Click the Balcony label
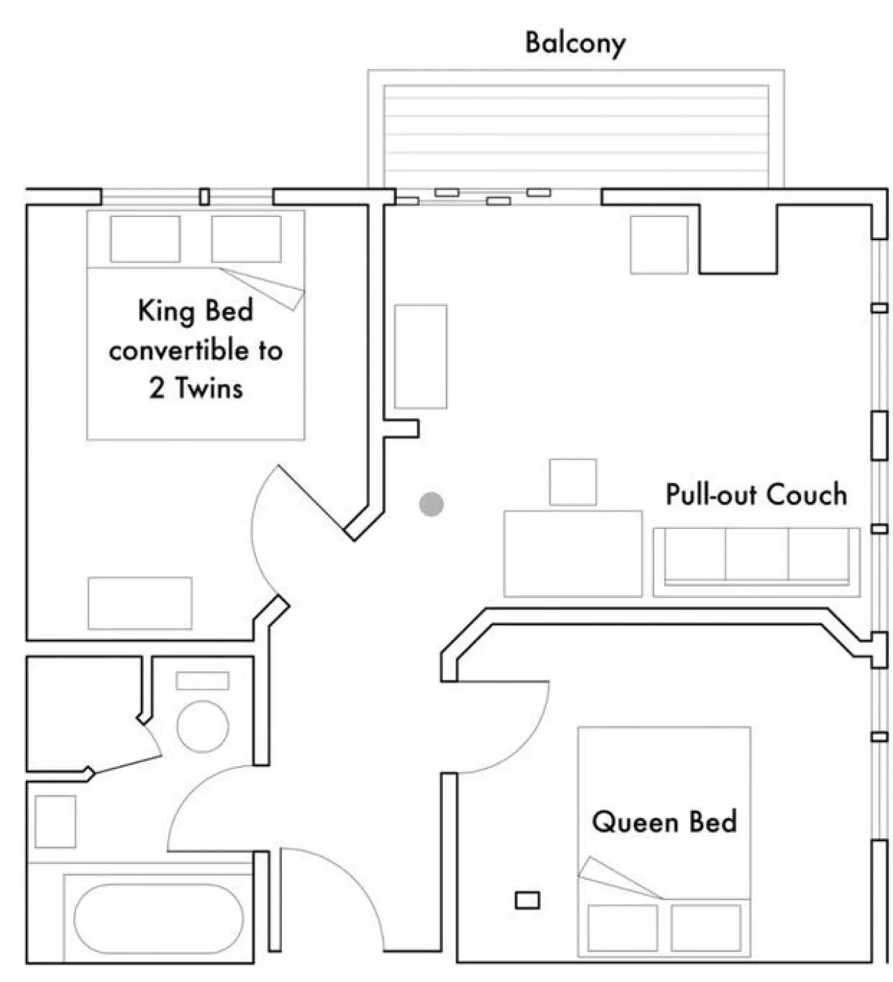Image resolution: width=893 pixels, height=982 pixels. click(x=575, y=44)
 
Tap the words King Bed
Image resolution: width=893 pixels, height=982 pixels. click(x=195, y=311)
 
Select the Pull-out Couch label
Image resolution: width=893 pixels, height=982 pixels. click(x=756, y=494)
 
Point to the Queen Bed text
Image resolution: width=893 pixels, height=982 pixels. click(x=664, y=822)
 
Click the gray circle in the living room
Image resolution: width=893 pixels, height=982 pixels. click(x=431, y=504)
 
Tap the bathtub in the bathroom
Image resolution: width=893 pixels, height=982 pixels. click(x=158, y=919)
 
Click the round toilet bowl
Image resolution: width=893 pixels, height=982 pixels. click(x=202, y=727)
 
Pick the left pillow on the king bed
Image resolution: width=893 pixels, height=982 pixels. click(x=145, y=239)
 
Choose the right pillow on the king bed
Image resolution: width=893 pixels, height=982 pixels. click(x=246, y=239)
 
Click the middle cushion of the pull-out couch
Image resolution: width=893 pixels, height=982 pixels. click(x=756, y=554)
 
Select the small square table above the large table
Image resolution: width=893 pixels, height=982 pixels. click(x=573, y=482)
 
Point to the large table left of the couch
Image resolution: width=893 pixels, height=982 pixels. click(x=573, y=554)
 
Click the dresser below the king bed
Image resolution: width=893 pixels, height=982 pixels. click(x=140, y=603)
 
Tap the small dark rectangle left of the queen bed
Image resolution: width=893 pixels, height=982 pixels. click(x=527, y=900)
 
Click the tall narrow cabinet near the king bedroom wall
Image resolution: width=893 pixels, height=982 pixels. click(x=420, y=357)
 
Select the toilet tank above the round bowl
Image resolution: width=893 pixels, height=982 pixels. click(x=202, y=680)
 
